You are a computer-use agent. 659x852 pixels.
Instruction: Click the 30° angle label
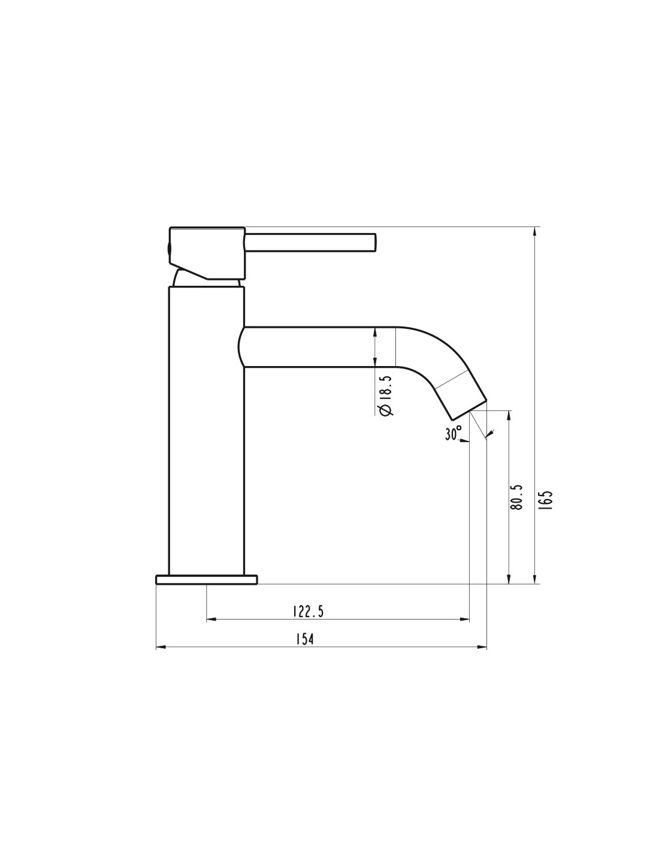click(x=454, y=433)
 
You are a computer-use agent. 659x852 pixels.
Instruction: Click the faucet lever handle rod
click(x=310, y=243)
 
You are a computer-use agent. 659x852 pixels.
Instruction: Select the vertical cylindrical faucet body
click(x=206, y=431)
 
